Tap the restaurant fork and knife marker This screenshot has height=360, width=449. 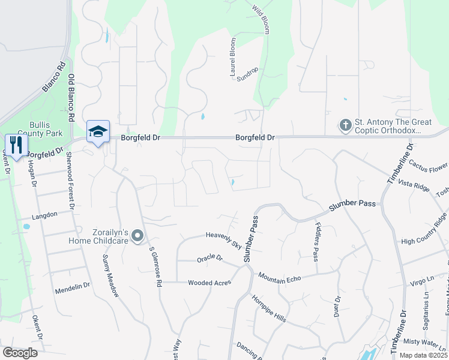(x=16, y=145)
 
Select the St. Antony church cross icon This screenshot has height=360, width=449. (x=345, y=125)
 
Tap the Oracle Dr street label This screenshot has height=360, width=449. (x=209, y=259)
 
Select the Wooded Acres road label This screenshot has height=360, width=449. (x=209, y=283)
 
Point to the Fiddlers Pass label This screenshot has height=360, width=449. (x=316, y=242)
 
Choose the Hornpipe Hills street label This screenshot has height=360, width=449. (x=268, y=308)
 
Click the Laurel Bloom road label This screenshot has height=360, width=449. (x=233, y=57)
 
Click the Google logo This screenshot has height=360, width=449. (x=20, y=353)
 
